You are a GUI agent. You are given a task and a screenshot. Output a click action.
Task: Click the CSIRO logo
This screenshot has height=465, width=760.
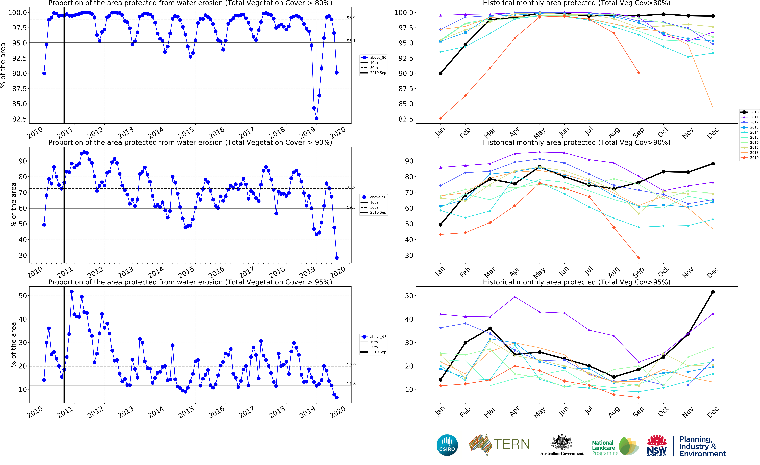point(447,445)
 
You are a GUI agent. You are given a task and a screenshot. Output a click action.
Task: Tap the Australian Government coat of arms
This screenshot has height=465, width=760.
point(562,442)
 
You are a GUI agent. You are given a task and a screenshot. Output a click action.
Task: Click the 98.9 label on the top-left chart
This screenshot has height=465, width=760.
point(351,18)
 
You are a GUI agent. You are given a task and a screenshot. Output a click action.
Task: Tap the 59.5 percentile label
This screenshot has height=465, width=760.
point(351,207)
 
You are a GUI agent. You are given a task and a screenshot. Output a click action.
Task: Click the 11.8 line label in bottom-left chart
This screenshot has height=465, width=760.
point(351,384)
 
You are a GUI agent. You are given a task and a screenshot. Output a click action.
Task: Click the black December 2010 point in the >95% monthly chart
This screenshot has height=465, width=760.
point(713,292)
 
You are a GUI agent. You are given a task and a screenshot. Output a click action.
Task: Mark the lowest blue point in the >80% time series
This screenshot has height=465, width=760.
point(316,118)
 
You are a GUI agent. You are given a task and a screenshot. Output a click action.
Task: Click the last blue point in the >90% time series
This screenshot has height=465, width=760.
point(337,258)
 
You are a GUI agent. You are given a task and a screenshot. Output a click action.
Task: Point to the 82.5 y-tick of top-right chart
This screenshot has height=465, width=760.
point(406,119)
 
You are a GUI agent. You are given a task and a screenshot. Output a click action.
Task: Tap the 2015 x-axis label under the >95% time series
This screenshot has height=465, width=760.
point(186,412)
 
